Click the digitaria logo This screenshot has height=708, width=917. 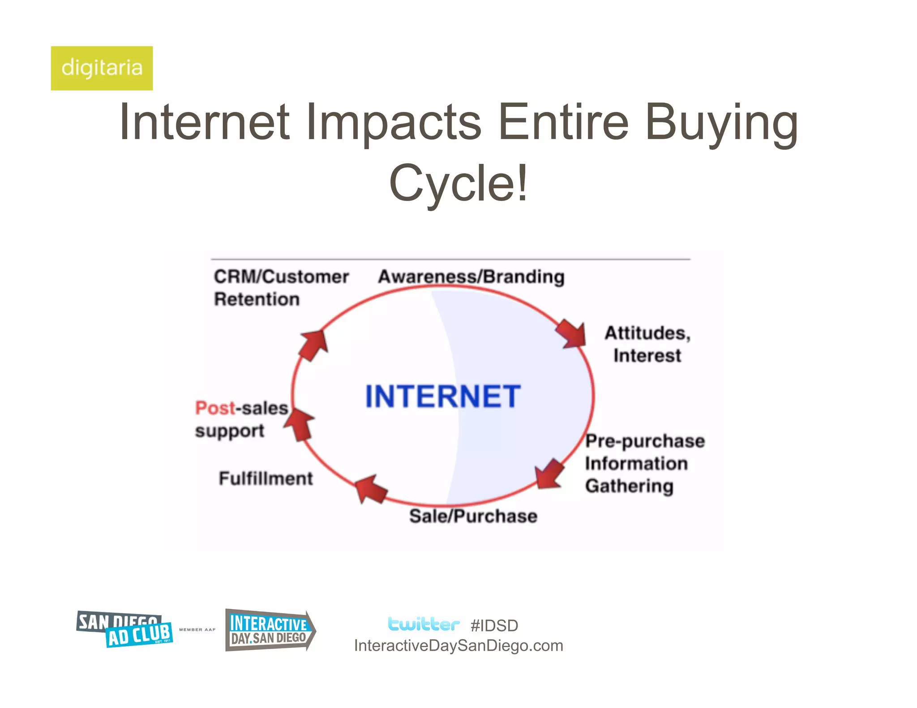point(102,68)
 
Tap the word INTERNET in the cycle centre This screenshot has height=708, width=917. point(443,397)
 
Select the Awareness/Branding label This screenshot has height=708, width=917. point(471,277)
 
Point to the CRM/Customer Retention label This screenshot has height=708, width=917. point(281,287)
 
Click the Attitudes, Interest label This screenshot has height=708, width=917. point(647,344)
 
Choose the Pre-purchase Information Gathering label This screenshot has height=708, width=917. point(645,463)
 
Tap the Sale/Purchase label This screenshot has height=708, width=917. point(473,516)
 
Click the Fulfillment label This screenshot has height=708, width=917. point(266,478)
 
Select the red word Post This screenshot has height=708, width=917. point(215,408)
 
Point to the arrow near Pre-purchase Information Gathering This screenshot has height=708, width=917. point(549,473)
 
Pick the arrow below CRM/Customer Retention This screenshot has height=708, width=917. point(314,345)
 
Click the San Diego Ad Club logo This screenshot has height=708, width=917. point(124,629)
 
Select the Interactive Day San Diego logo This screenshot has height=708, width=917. point(270,630)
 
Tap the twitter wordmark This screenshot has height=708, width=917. point(423,624)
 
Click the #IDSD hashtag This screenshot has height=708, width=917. point(494,626)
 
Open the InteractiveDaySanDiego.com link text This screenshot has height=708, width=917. point(458,646)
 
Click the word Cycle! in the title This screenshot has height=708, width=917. point(458,183)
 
